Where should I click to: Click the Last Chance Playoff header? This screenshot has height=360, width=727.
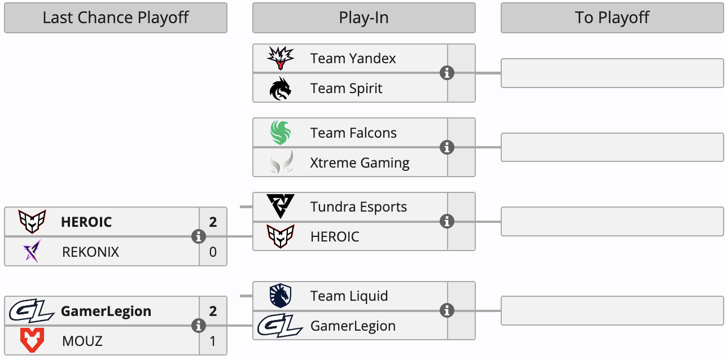(116, 17)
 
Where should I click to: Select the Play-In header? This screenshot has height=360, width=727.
(363, 17)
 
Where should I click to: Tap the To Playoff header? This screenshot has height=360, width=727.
(612, 17)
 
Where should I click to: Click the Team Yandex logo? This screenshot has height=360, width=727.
(281, 58)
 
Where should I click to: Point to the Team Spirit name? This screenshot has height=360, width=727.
(346, 88)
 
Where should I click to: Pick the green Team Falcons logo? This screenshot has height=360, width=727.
(281, 133)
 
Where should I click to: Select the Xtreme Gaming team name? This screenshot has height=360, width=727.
(360, 163)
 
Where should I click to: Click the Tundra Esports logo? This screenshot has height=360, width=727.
(281, 207)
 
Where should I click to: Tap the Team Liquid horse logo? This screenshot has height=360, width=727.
(281, 296)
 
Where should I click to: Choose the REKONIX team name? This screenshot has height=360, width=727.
(90, 252)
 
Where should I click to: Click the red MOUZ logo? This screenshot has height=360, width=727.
(32, 341)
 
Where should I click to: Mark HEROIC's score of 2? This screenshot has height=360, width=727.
(213, 222)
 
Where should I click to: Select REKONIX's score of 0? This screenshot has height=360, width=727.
(213, 252)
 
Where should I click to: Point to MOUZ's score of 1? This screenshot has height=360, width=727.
(213, 341)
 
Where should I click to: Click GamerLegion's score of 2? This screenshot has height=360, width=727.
(213, 311)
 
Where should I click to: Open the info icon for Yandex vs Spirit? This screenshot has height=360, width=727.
(447, 73)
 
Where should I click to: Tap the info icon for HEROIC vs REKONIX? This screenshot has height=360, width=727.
(198, 236)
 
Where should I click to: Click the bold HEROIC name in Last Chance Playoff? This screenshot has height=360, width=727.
(86, 222)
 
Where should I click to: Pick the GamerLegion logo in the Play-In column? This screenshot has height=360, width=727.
(281, 326)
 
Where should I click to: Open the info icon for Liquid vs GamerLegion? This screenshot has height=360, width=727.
(447, 310)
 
